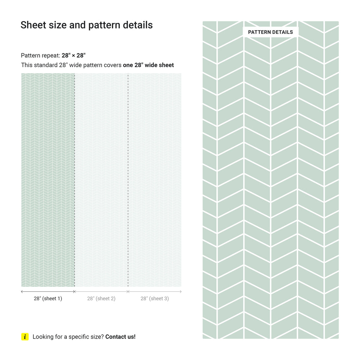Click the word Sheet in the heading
point(33,25)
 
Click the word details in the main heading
point(137,25)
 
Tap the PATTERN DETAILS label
point(270,32)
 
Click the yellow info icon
point(25,337)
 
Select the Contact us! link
point(120,337)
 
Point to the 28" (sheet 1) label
point(48,298)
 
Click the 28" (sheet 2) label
point(101,298)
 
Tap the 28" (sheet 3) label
point(155,298)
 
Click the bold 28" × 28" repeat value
point(73,56)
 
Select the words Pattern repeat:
point(40,56)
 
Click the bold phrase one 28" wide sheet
point(148,65)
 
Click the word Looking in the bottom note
point(43,337)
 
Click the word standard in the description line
point(46,65)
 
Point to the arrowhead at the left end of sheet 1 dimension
point(22,291)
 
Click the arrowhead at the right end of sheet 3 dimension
point(181,291)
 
